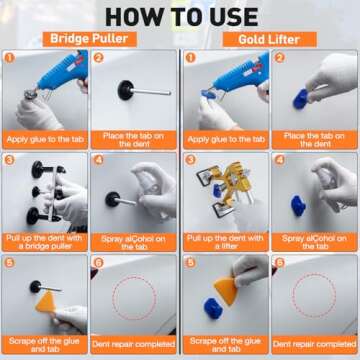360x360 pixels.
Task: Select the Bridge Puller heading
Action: [90, 38]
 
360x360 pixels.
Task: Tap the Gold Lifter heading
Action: [267, 38]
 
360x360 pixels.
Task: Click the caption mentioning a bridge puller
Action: [47, 240]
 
